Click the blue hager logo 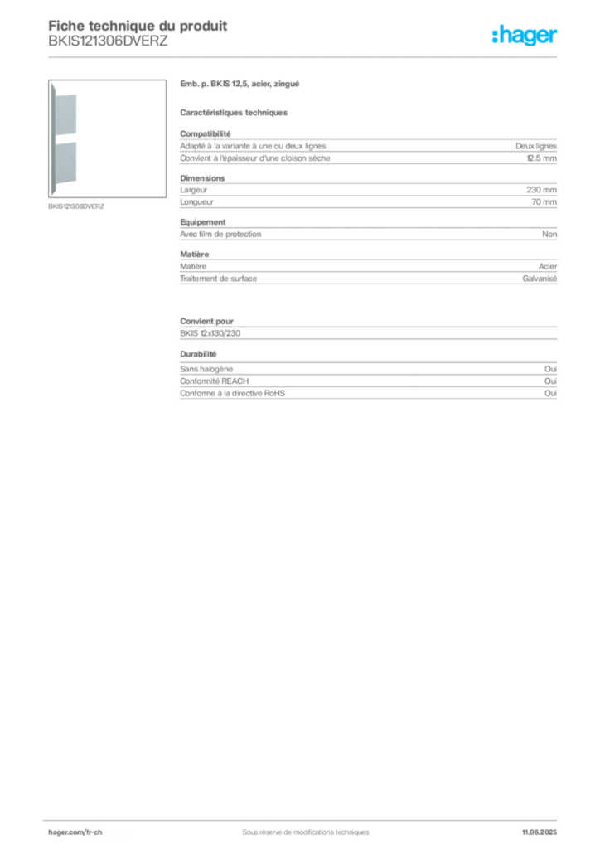pos(525,36)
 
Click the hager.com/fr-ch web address pos(75,832)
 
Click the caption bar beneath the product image pos(76,206)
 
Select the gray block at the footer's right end pos(543,827)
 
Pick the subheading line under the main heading pos(235,113)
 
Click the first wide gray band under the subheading pos(368,149)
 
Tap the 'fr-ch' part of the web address pos(92,832)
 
